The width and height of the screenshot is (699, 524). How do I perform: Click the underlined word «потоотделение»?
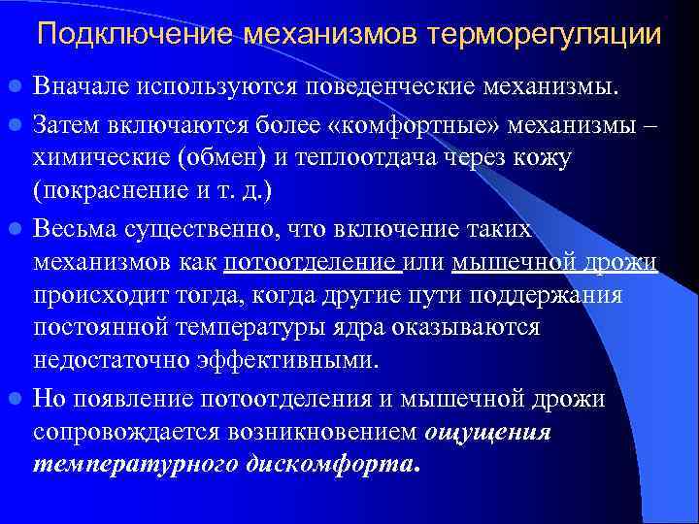313,262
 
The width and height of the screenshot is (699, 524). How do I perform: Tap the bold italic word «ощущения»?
488,432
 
